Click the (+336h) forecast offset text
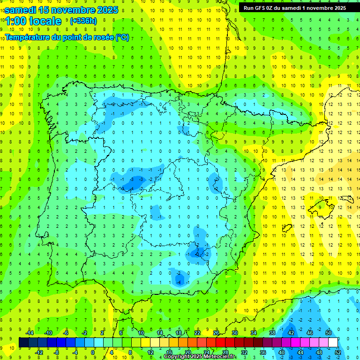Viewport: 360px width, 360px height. pyautogui.click(x=83, y=21)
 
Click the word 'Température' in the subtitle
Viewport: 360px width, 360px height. pyautogui.click(x=28, y=37)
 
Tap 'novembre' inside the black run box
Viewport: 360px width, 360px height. pyautogui.click(x=320, y=7)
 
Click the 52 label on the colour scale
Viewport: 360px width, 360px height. pyautogui.click(x=337, y=352)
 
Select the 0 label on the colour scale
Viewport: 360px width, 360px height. pyautogui.click(x=93, y=352)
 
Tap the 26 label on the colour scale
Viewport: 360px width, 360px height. pyautogui.click(x=216, y=333)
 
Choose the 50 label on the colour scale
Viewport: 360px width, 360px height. pyautogui.click(x=328, y=333)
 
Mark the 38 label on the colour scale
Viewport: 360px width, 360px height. pyautogui.click(x=272, y=333)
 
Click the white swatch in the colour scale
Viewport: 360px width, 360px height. pyautogui.click(x=333, y=342)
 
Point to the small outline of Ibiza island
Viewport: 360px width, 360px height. pyautogui.click(x=287, y=228)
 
